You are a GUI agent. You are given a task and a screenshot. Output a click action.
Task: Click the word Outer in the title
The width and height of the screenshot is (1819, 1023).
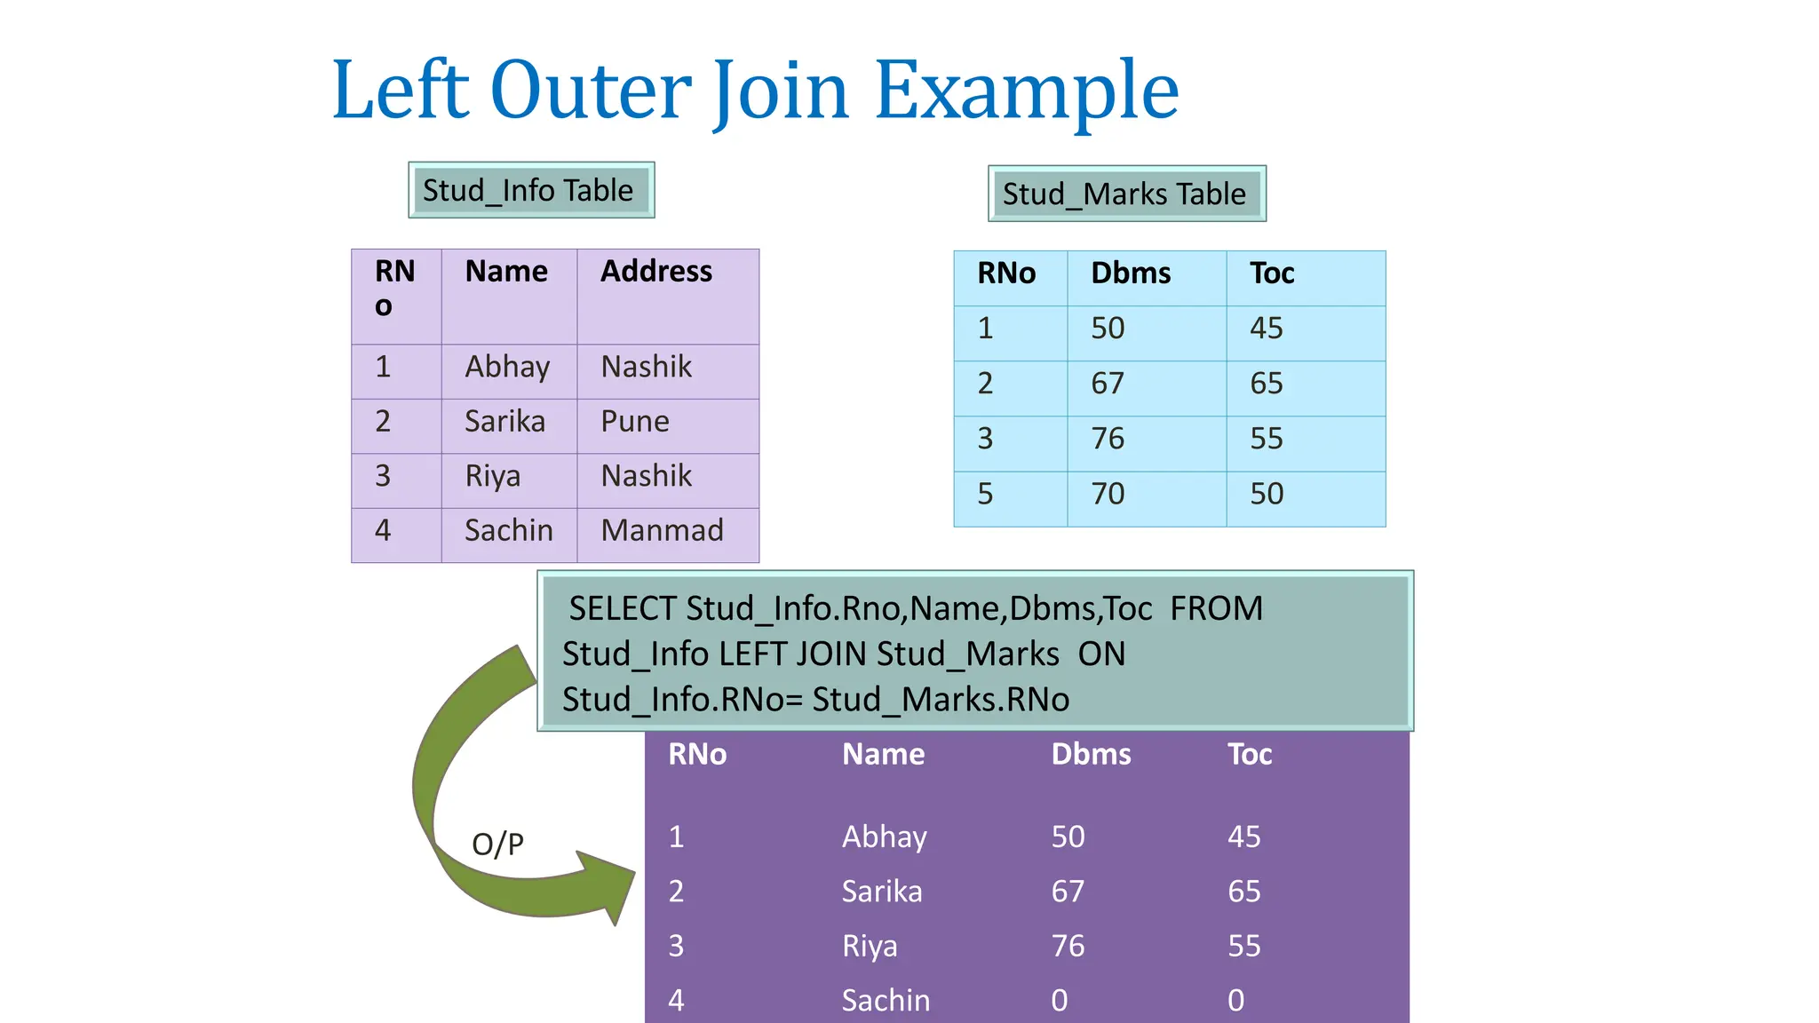click(592, 90)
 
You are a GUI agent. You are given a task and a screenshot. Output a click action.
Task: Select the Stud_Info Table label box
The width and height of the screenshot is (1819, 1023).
click(530, 190)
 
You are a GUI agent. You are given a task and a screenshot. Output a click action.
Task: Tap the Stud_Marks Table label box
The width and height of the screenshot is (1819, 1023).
click(1125, 194)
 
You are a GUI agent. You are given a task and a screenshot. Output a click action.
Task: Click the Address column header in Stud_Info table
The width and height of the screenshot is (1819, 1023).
click(656, 272)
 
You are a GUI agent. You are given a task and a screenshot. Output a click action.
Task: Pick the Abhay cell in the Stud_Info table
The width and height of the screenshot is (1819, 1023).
click(507, 367)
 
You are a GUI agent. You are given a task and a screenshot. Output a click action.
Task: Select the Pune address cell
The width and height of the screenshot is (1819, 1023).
click(635, 421)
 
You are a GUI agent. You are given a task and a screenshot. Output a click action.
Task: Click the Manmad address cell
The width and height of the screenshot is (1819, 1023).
click(663, 530)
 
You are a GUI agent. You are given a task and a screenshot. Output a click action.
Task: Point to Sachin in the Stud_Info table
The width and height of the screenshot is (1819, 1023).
click(509, 530)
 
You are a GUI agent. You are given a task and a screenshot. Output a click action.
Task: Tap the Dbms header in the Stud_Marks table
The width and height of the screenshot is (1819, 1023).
click(1131, 274)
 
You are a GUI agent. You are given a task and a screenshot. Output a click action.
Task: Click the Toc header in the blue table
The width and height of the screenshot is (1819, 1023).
click(1272, 274)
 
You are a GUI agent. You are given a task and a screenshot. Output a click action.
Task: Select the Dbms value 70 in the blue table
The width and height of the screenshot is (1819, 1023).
click(1108, 494)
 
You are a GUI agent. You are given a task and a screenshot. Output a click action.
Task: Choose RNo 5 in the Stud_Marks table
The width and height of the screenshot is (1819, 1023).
click(985, 494)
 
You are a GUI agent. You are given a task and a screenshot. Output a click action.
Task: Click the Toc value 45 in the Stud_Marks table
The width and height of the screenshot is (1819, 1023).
click(1267, 329)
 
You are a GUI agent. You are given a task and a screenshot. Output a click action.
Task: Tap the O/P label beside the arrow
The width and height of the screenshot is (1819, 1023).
click(497, 844)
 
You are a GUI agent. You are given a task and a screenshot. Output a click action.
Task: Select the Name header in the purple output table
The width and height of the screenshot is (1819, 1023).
click(883, 755)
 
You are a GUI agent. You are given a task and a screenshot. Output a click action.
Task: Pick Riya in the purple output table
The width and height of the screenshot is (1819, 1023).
click(870, 947)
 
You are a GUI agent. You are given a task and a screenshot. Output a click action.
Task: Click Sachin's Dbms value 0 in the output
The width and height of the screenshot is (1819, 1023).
click(1060, 1001)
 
